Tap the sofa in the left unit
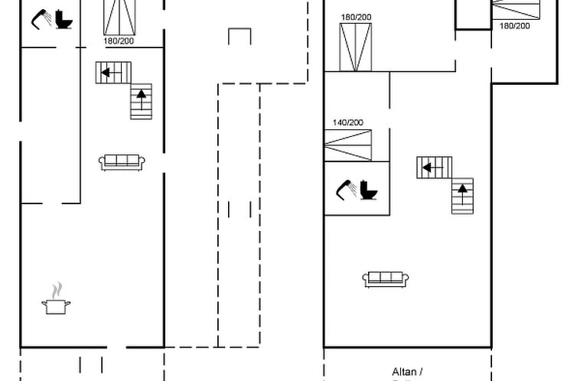122,161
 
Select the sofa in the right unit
386,279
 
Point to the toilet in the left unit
64,19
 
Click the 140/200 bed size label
347,122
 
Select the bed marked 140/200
347,145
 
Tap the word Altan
405,371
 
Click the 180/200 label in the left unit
119,41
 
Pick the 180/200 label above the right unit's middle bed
356,17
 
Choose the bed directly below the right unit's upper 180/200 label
356,47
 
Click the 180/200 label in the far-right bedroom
514,25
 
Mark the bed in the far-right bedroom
515,8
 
